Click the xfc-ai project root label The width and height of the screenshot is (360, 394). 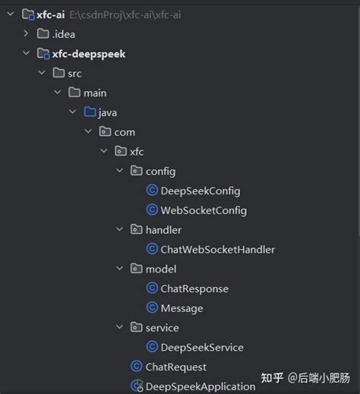50,14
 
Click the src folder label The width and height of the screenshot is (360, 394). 74,73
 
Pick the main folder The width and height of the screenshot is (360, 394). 95,93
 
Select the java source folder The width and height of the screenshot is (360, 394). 107,112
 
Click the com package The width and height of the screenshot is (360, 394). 125,132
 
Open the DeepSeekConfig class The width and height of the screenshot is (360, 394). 201,191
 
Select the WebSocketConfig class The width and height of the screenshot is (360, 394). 204,210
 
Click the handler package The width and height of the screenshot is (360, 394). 163,229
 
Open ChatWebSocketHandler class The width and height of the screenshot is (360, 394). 217,249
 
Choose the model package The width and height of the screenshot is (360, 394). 161,269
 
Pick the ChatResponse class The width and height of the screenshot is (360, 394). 194,288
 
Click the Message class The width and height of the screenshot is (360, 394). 182,308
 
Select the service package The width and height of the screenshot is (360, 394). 162,328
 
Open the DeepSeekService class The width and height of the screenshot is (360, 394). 202,347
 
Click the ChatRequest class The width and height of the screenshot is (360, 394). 175,367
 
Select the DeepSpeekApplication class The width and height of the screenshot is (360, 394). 201,386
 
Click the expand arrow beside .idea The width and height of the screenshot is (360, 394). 27,33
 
